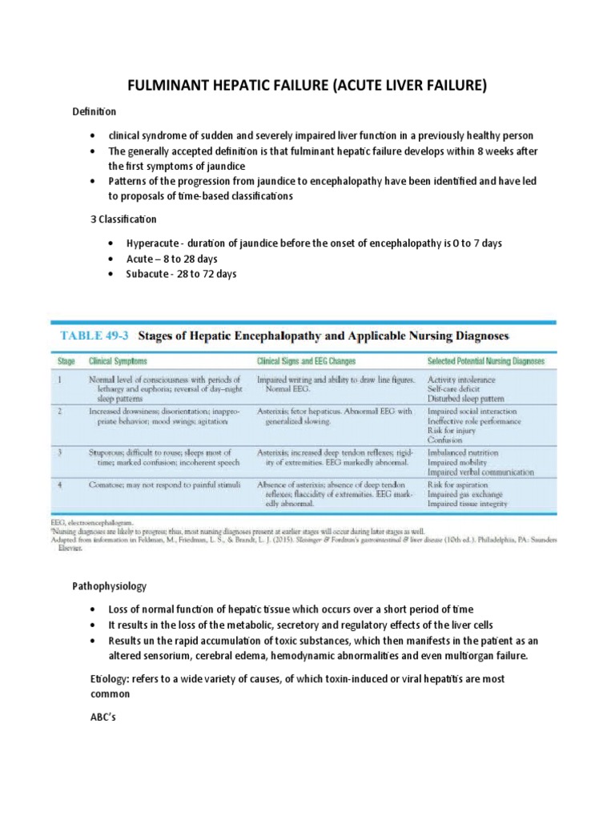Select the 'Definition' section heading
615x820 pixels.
coord(94,111)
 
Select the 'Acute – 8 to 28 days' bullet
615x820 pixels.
coord(172,259)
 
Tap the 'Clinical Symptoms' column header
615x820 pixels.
coord(118,361)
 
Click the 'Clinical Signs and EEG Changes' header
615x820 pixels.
coord(308,361)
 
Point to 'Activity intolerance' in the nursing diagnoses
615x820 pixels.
coord(461,378)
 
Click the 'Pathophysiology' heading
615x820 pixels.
coord(110,586)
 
